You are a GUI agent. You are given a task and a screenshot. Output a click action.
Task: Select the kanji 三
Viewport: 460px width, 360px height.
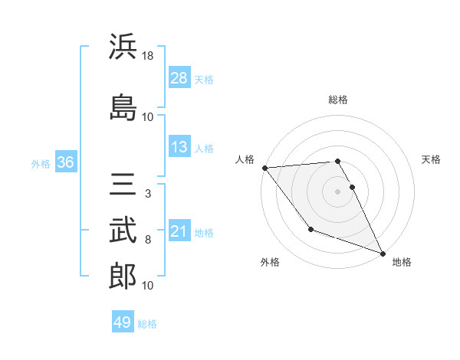(x=123, y=186)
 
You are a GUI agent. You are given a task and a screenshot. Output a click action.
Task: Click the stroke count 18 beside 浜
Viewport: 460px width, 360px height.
(x=149, y=56)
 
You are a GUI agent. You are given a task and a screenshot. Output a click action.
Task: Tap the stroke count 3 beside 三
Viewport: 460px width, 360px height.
(x=147, y=194)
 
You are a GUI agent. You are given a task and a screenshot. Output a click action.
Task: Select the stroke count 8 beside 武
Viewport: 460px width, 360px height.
(x=148, y=240)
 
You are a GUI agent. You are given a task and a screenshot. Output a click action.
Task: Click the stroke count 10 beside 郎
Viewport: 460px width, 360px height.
(x=148, y=286)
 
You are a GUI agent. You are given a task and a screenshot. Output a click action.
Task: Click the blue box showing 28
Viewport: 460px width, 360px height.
(x=179, y=78)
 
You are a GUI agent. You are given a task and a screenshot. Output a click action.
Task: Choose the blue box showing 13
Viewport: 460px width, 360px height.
(x=179, y=147)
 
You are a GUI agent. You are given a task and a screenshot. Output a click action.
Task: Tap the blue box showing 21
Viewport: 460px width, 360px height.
(x=179, y=231)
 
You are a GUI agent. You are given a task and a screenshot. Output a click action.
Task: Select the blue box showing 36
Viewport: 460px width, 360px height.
(x=65, y=162)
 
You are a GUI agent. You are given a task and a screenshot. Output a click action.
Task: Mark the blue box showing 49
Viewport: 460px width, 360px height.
(x=123, y=322)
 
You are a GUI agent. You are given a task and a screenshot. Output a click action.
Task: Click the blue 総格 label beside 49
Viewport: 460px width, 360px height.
(x=147, y=324)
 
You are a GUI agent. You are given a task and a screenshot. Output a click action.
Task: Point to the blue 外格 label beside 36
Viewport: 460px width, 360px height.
(x=41, y=163)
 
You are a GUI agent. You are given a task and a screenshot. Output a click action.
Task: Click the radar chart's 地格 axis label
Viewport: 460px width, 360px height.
(x=402, y=262)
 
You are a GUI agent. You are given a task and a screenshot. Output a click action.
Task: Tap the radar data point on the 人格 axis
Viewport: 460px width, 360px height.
(x=264, y=168)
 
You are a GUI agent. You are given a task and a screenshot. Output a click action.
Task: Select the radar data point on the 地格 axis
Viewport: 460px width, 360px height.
(x=383, y=254)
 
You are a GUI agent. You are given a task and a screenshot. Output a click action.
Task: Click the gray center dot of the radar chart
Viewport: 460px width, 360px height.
(x=338, y=191)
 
